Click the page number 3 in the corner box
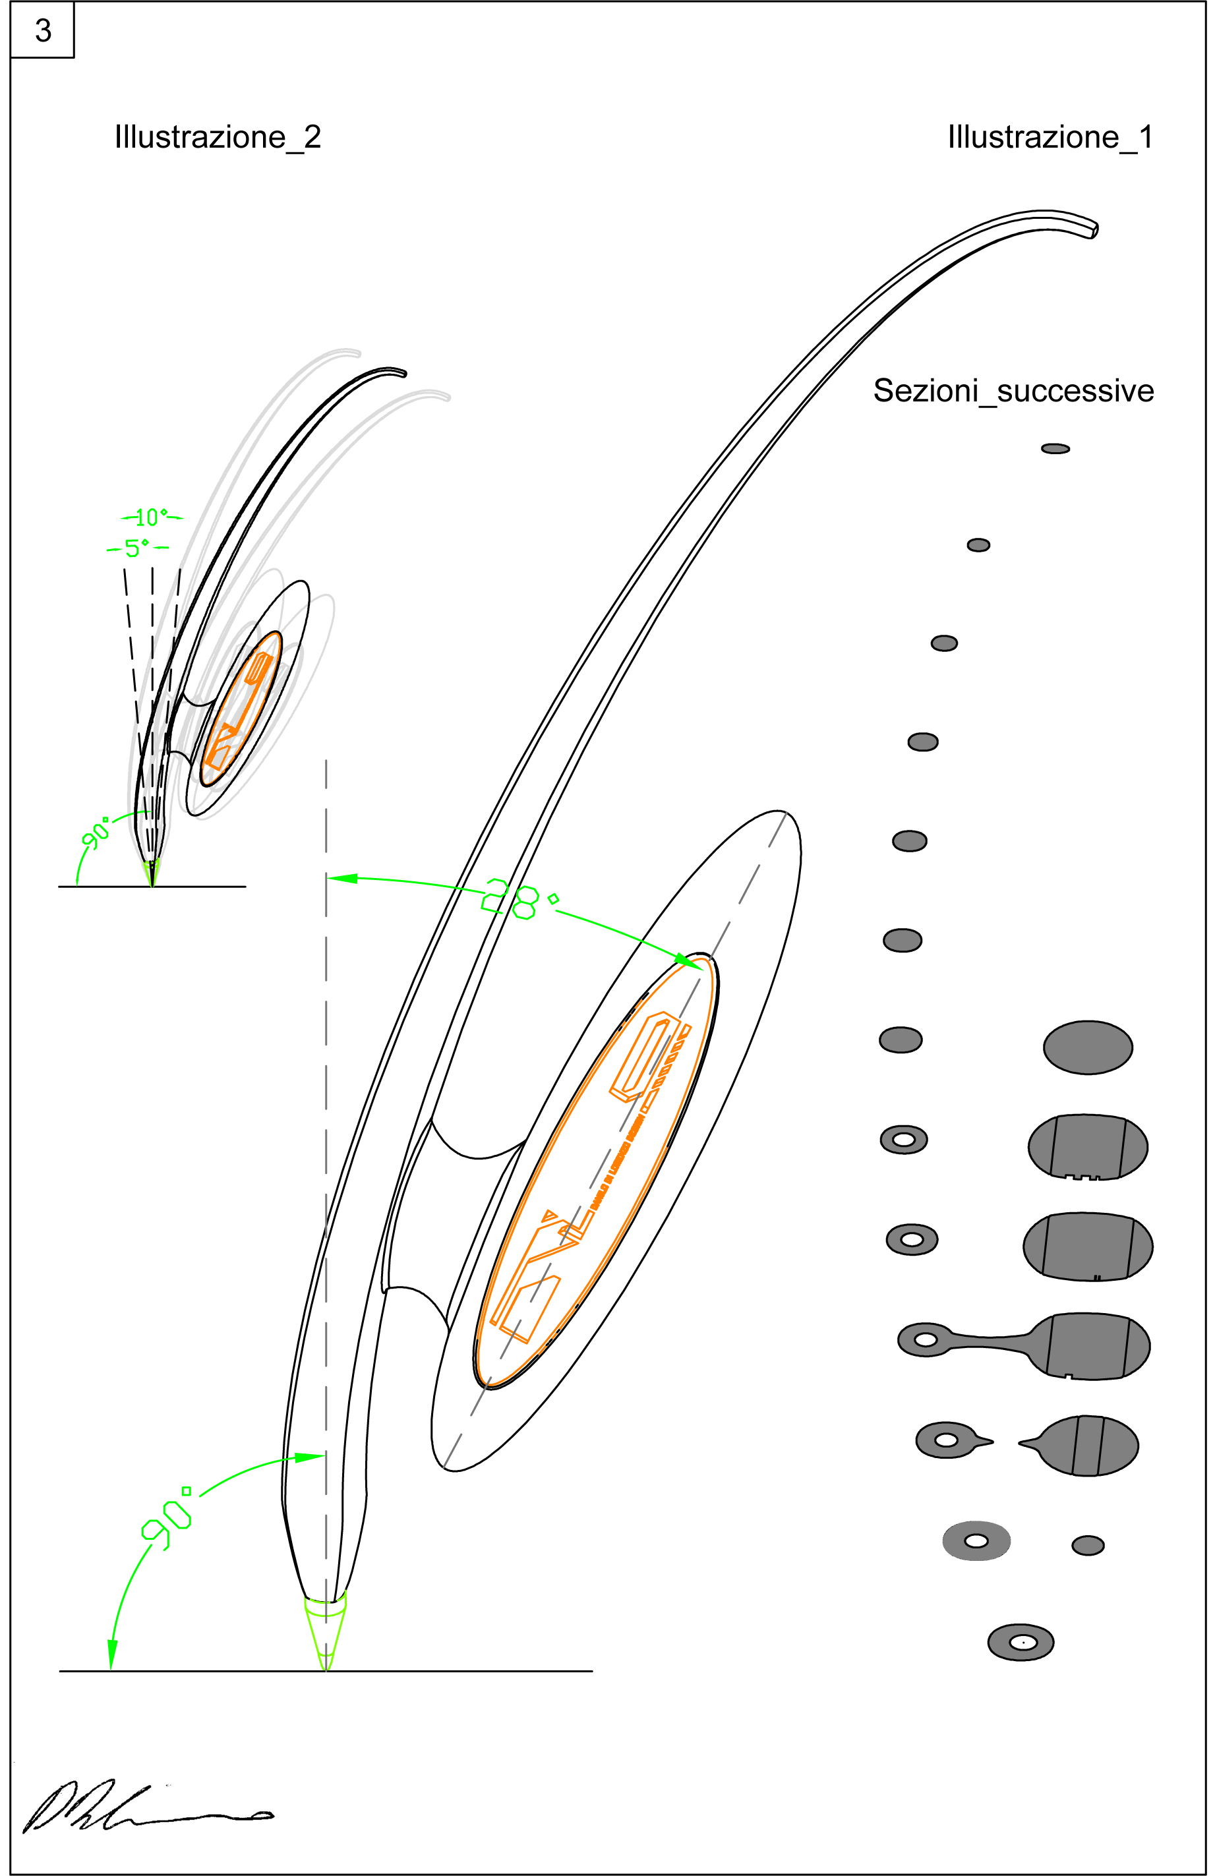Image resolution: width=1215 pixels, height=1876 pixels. click(x=43, y=31)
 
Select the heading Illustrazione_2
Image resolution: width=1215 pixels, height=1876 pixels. click(x=218, y=137)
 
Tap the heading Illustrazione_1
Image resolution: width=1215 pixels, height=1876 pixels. click(x=1050, y=137)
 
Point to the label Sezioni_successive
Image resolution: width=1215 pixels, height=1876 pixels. click(x=1013, y=391)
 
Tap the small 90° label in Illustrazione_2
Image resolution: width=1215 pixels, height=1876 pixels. click(x=96, y=834)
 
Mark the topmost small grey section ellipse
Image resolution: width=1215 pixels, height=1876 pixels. click(x=1055, y=448)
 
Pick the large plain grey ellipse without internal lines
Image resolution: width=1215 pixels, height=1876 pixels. click(x=1087, y=1047)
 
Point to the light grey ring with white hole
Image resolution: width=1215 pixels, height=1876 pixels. click(x=976, y=1540)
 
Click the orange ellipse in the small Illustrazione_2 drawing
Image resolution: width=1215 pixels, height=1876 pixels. click(x=241, y=709)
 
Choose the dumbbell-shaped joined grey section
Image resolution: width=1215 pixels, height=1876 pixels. click(x=1023, y=1345)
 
